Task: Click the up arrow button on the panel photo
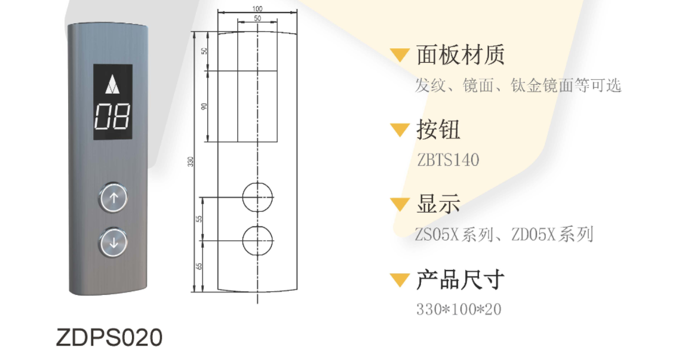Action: pyautogui.click(x=113, y=198)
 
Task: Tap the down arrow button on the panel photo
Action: pyautogui.click(x=113, y=242)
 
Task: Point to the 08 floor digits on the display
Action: pyautogui.click(x=112, y=117)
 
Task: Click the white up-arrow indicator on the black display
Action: pyautogui.click(x=112, y=84)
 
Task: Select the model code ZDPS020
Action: pyautogui.click(x=109, y=337)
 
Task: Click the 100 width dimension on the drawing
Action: pyautogui.click(x=257, y=8)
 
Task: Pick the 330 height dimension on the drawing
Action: pyautogui.click(x=191, y=162)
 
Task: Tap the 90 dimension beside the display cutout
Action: pyautogui.click(x=204, y=106)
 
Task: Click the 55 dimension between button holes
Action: pyautogui.click(x=199, y=219)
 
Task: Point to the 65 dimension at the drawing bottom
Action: pyautogui.click(x=199, y=267)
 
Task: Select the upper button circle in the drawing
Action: pyautogui.click(x=258, y=197)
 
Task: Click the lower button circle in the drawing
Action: pyautogui.click(x=258, y=241)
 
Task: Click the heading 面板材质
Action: pyautogui.click(x=460, y=55)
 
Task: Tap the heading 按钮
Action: pyautogui.click(x=438, y=130)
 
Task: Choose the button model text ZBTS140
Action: pyautogui.click(x=448, y=160)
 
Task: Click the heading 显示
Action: pyautogui.click(x=438, y=204)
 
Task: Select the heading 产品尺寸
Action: pyautogui.click(x=460, y=280)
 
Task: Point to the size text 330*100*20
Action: pyautogui.click(x=459, y=309)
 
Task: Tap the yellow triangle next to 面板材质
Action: pyautogui.click(x=400, y=55)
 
